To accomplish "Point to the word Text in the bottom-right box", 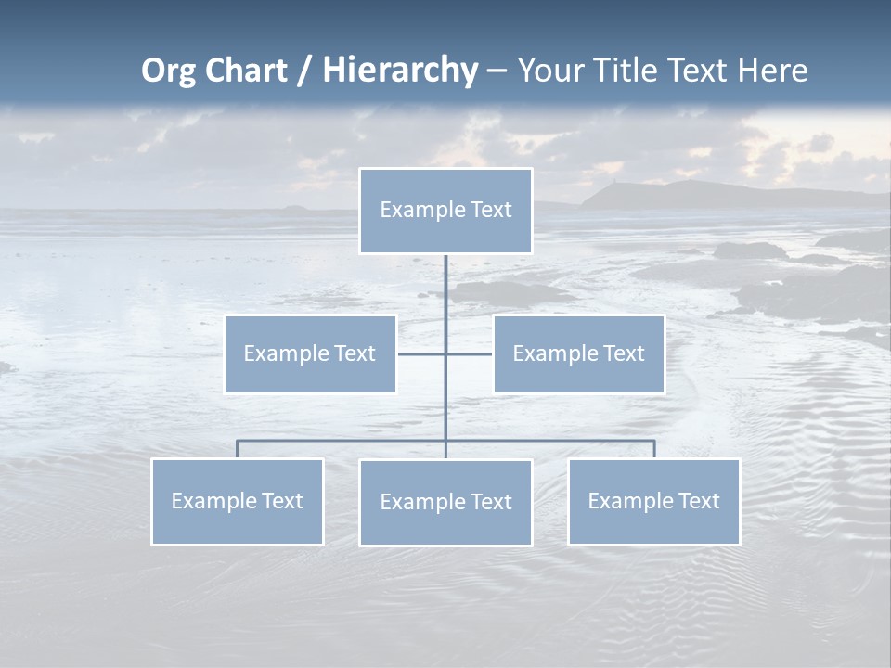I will [x=698, y=501].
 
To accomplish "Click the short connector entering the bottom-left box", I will [x=237, y=448].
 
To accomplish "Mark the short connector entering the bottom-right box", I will [x=654, y=448].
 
